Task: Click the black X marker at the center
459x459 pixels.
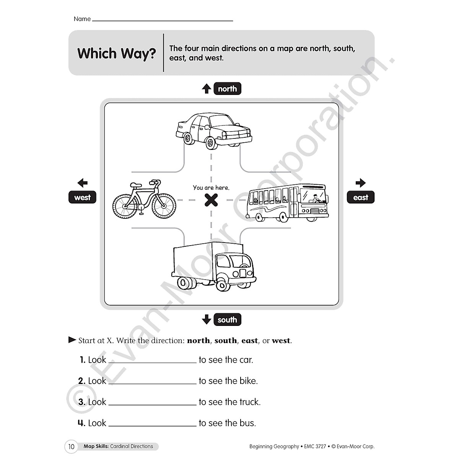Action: coord(211,200)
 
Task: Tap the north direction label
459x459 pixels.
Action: coord(227,89)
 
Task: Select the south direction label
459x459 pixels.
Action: coord(227,320)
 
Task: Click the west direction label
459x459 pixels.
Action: coord(82,197)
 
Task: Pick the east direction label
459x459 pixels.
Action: coord(360,197)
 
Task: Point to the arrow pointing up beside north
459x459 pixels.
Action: coord(207,89)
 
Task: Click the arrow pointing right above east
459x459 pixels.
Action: coord(360,183)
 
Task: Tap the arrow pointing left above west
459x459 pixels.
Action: coord(82,183)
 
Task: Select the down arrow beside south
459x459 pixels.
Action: coord(207,319)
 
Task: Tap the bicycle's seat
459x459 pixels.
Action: coord(136,185)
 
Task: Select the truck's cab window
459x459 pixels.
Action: coord(223,261)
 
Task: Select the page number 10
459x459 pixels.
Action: coord(71,446)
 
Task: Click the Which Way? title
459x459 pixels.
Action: coord(117,53)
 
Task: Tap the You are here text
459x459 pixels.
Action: coord(211,187)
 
